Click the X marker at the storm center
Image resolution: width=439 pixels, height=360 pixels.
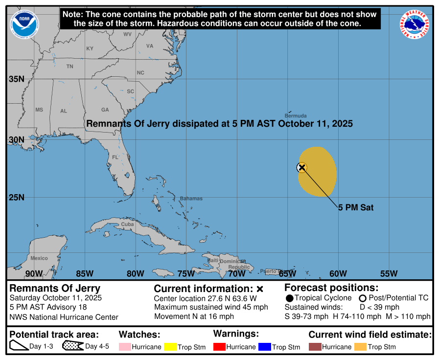(302, 167)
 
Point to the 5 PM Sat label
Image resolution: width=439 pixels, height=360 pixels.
(356, 207)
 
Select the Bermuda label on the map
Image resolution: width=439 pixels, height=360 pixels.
(296, 116)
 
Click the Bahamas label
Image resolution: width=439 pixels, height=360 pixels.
(191, 199)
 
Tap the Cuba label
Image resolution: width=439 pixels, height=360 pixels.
(127, 224)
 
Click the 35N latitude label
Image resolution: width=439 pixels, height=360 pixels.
(16, 79)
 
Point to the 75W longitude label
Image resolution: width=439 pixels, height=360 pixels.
(186, 273)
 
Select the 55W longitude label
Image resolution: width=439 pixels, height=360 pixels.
(389, 273)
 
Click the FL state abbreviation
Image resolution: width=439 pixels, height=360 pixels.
(115, 157)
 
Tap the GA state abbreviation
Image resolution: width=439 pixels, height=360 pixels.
(105, 110)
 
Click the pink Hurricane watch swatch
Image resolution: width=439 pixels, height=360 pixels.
(124, 347)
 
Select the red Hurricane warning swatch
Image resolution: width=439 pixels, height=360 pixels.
(219, 347)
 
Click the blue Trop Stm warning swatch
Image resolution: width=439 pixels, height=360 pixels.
(265, 347)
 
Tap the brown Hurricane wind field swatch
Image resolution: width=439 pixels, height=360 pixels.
(314, 347)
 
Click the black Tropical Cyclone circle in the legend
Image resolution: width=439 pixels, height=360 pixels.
(289, 298)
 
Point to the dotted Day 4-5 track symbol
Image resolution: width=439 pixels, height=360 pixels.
(73, 346)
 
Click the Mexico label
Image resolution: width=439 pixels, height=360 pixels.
(39, 258)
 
